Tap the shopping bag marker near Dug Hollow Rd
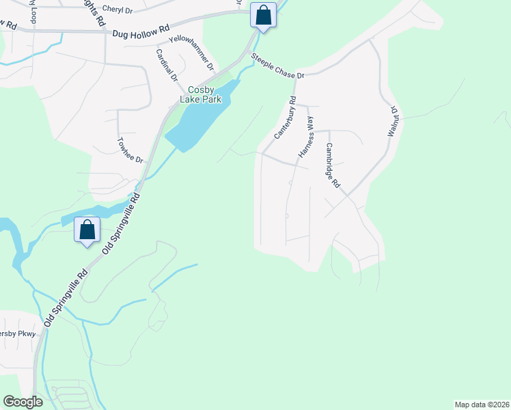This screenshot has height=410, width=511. pyautogui.click(x=263, y=15)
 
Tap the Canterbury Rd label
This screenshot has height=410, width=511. pyautogui.click(x=285, y=118)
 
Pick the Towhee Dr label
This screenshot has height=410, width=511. pyautogui.click(x=129, y=151)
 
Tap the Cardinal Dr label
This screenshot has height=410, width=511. pyautogui.click(x=166, y=66)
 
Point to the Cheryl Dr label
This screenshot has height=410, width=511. pyautogui.click(x=117, y=10)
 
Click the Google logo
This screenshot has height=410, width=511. pyautogui.click(x=23, y=402)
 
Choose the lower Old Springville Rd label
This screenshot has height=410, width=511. pyautogui.click(x=66, y=295)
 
